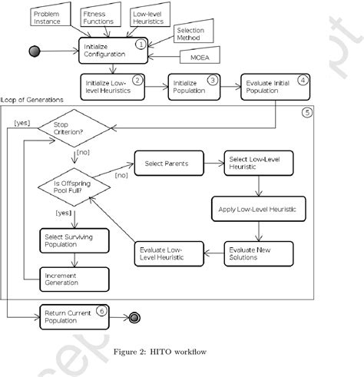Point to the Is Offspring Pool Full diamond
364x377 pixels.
(74, 189)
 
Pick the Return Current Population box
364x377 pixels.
(73, 315)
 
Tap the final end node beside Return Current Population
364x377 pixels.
(134, 315)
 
